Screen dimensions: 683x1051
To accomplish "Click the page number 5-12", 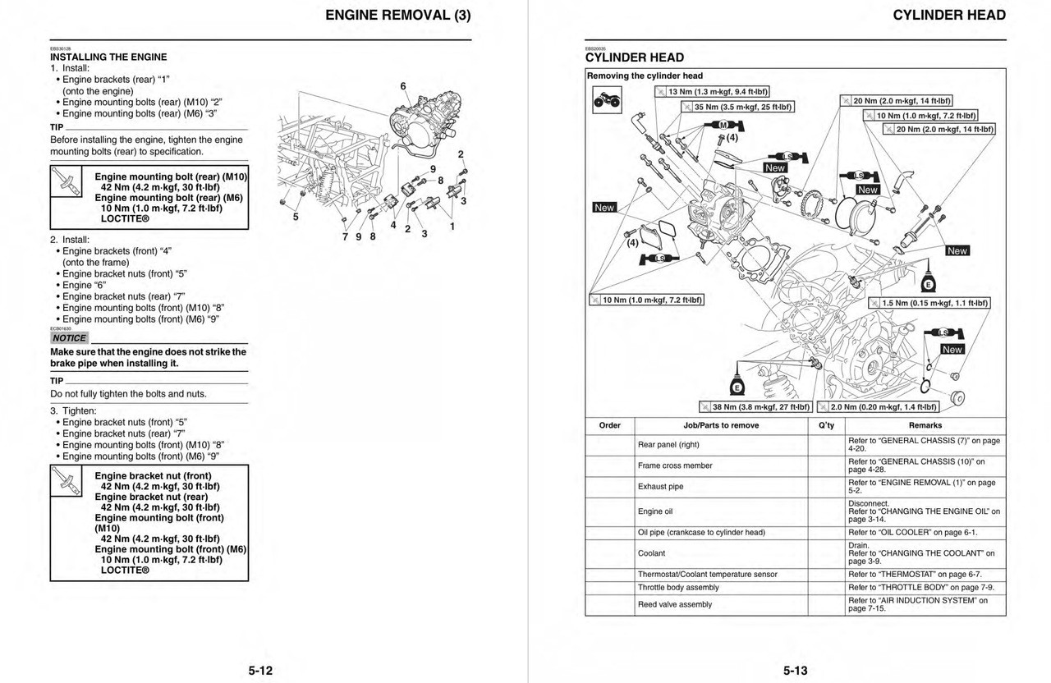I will (260, 671).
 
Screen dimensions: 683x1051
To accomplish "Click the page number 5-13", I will (794, 671).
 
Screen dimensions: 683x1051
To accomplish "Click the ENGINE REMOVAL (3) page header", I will (398, 15).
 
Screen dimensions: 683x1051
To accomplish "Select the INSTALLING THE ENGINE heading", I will (108, 57).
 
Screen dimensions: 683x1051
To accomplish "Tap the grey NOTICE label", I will (69, 338).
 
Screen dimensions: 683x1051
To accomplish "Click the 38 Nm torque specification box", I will (755, 406).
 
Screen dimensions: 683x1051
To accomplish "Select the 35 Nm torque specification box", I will (737, 107).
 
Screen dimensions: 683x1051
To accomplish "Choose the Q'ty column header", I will (827, 425).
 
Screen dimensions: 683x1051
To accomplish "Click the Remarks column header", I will (925, 425).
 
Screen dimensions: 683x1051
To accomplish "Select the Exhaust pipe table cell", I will (660, 487).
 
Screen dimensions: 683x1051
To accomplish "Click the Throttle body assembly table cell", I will (678, 588).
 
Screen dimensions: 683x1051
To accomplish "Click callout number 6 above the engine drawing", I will (403, 86).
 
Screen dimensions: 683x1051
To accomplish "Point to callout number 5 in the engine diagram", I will (296, 218).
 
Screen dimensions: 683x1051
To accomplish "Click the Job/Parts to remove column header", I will (721, 425).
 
